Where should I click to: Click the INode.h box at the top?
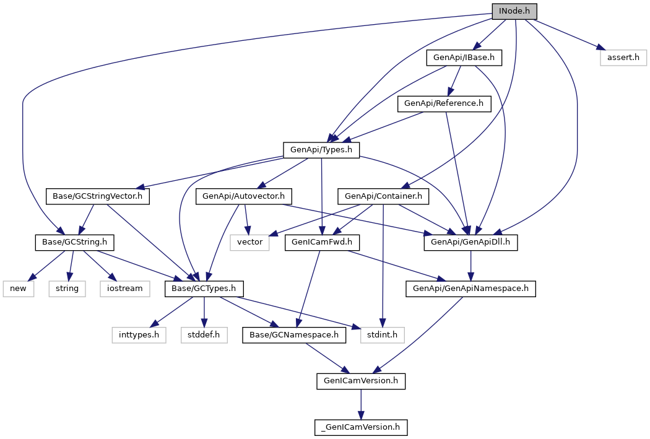coord(514,11)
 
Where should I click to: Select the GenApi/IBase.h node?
coord(464,58)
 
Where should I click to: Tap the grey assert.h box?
coord(623,58)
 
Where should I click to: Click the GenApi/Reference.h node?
coord(444,103)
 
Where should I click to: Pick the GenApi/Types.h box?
coord(321,150)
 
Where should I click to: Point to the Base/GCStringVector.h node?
coord(98,196)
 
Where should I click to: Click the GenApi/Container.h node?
coord(383,196)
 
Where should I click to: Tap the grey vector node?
coord(250,242)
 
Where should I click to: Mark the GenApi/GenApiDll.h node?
coord(470,242)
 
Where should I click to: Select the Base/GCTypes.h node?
coord(204,289)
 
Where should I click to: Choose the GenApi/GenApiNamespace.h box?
coord(470,289)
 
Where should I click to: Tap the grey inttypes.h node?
coord(139,335)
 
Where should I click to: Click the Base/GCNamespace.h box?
coord(294,335)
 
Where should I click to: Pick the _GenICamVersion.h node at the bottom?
coord(362,427)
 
